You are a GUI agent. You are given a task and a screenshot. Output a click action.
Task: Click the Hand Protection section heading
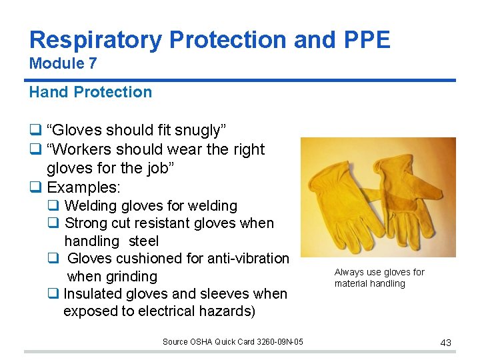pos(90,92)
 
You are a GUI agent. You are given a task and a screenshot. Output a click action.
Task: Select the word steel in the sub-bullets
pos(143,241)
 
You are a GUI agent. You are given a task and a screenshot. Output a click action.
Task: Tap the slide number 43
pos(445,343)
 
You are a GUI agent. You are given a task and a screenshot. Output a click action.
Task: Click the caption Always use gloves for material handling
pos(379,278)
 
